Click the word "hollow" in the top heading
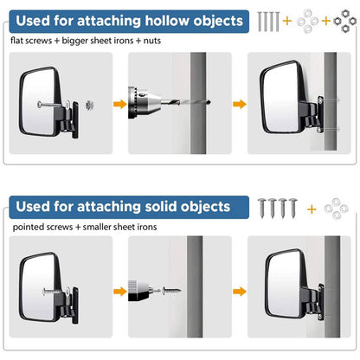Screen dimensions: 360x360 167,21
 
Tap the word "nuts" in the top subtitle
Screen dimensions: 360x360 152,41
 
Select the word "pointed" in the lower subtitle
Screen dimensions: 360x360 29,227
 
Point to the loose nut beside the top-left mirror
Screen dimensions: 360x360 89,105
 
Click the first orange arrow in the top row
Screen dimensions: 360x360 120,104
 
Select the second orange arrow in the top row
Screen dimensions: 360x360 240,104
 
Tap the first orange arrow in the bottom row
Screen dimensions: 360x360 120,292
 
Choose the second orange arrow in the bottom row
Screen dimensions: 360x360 240,292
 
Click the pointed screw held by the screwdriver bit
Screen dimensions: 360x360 171,291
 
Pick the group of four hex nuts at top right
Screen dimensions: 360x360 345,21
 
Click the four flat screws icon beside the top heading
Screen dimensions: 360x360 268,22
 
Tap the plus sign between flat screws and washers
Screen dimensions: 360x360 287,21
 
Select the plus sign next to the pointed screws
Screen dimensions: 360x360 312,209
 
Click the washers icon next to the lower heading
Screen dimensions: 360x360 337,209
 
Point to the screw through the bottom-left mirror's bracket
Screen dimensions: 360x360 54,291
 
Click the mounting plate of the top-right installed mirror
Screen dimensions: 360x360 320,114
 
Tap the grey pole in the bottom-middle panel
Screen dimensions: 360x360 195,286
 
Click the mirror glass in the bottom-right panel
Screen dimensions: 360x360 284,285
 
